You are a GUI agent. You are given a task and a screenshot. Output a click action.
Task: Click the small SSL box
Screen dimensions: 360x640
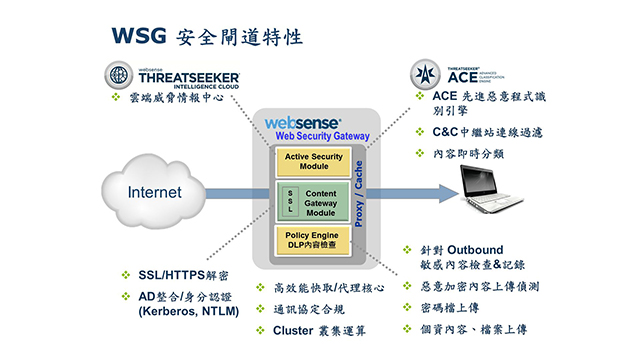click(x=290, y=201)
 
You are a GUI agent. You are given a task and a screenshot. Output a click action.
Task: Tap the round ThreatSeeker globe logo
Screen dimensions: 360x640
click(x=118, y=76)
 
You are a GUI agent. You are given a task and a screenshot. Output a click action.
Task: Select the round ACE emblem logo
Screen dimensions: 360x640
click(x=424, y=73)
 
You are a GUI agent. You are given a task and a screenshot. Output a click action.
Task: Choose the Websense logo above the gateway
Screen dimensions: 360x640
click(x=303, y=122)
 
